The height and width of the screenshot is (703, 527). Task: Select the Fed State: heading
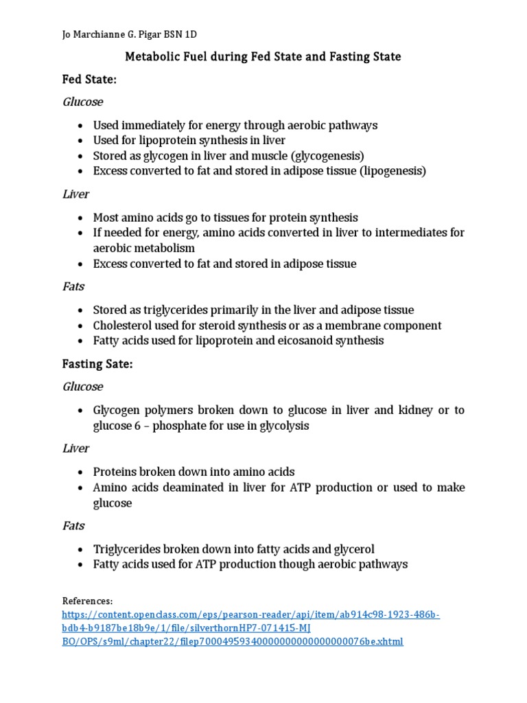(89, 80)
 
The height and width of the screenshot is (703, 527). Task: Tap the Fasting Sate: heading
(97, 365)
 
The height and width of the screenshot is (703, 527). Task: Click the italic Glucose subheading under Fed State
(82, 102)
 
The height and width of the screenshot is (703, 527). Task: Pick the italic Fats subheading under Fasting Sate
(73, 525)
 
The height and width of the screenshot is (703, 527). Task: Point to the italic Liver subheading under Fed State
(75, 194)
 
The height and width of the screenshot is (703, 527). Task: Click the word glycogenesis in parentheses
(327, 156)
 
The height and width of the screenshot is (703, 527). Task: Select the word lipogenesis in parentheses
(393, 171)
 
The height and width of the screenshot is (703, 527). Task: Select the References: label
(87, 600)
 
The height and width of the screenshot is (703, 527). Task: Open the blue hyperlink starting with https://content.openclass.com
(250, 614)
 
